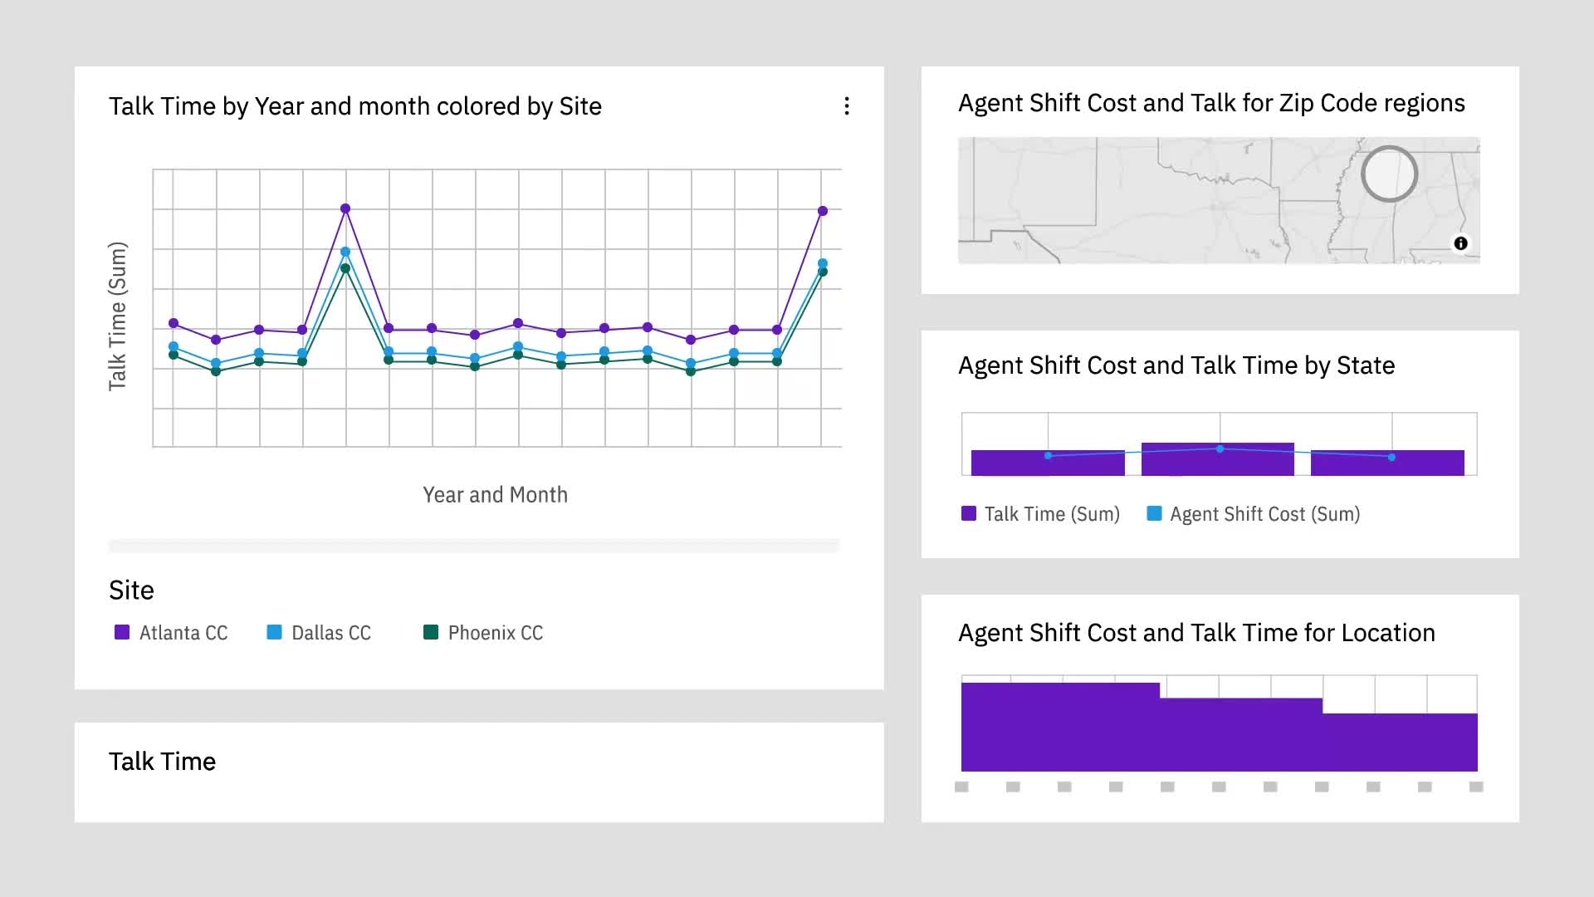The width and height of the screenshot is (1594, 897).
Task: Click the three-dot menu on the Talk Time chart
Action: coord(847,106)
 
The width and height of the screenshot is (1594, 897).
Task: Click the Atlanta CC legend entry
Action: coord(171,633)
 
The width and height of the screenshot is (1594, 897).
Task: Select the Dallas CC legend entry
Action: coord(319,633)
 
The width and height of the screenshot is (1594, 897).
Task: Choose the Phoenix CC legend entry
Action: coord(483,633)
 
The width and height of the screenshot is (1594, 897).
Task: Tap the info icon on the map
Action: coord(1460,243)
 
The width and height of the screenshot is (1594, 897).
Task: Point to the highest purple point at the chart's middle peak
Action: coord(345,208)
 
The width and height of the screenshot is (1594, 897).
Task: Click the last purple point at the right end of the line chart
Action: coord(823,211)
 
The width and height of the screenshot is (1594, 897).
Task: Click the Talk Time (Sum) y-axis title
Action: coord(118,316)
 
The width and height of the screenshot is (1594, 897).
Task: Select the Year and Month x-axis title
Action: coord(496,495)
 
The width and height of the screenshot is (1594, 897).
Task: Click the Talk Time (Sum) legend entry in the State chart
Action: coord(1040,514)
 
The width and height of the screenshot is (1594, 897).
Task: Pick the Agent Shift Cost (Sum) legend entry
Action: coord(1254,514)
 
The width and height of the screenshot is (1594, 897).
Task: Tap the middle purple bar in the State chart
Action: coord(1218,459)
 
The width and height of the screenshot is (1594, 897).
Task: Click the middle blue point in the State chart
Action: coord(1220,449)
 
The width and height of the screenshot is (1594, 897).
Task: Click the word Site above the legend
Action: coord(131,591)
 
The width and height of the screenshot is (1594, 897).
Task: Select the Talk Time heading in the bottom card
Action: coord(163,762)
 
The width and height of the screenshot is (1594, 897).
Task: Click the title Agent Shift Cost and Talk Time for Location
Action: coord(1196,633)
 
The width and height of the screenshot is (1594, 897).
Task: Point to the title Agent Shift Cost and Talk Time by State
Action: coord(1176,365)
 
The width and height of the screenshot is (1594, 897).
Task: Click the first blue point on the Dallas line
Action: coord(174,346)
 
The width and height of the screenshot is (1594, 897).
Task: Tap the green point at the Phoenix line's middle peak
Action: coord(345,268)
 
